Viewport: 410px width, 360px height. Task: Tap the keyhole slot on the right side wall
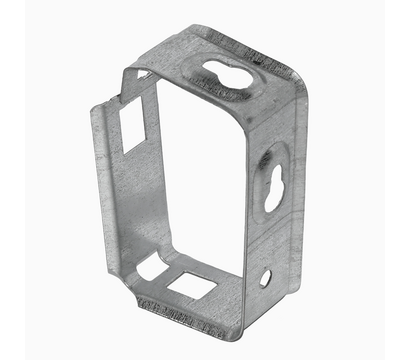pos(274,186)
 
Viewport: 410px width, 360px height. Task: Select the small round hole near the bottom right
pos(265,277)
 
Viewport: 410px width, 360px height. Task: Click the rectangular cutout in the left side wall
pos(132,128)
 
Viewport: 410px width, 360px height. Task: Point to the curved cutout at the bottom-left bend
pos(152,265)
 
